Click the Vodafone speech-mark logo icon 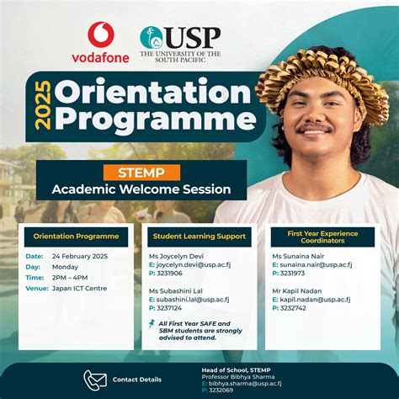pos(102,35)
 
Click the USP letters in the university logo pos(193,37)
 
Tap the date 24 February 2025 pos(81,256)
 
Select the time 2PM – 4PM pos(70,277)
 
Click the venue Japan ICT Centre pos(78,288)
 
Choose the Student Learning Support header pos(199,237)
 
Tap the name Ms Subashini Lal pos(176,290)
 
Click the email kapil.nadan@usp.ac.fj pos(315,299)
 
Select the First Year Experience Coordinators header pos(321,237)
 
